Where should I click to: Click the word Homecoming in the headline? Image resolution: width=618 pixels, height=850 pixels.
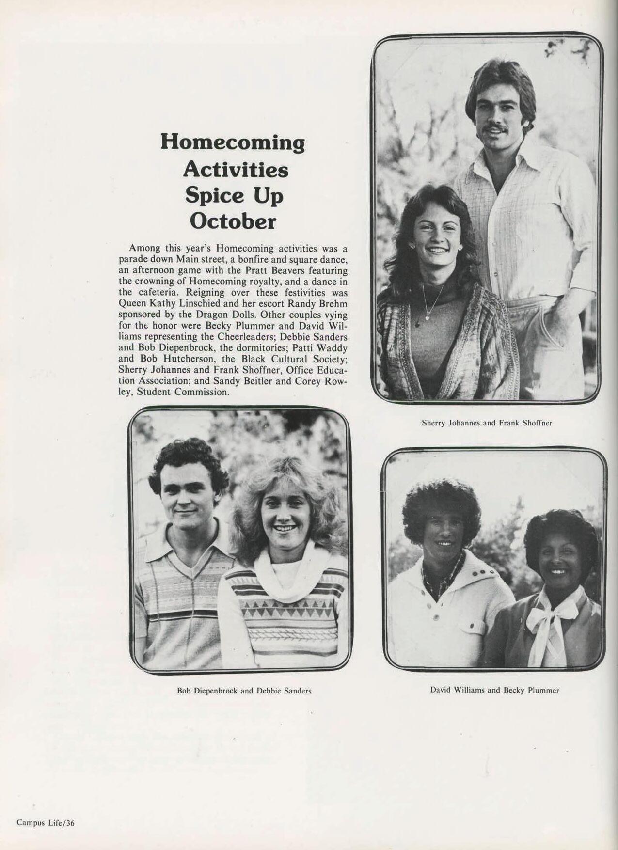233,142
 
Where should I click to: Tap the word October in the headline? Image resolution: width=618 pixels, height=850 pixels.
233,221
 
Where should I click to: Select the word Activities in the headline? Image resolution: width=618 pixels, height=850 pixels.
236,169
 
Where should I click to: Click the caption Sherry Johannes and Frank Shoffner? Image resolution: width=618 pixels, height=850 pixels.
487,423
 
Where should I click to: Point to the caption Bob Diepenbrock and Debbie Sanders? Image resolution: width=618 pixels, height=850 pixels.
244,691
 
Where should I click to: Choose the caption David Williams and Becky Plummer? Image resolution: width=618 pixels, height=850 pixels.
494,690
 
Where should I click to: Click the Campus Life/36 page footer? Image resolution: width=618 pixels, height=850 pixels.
46,823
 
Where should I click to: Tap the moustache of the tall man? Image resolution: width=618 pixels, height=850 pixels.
495,129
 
